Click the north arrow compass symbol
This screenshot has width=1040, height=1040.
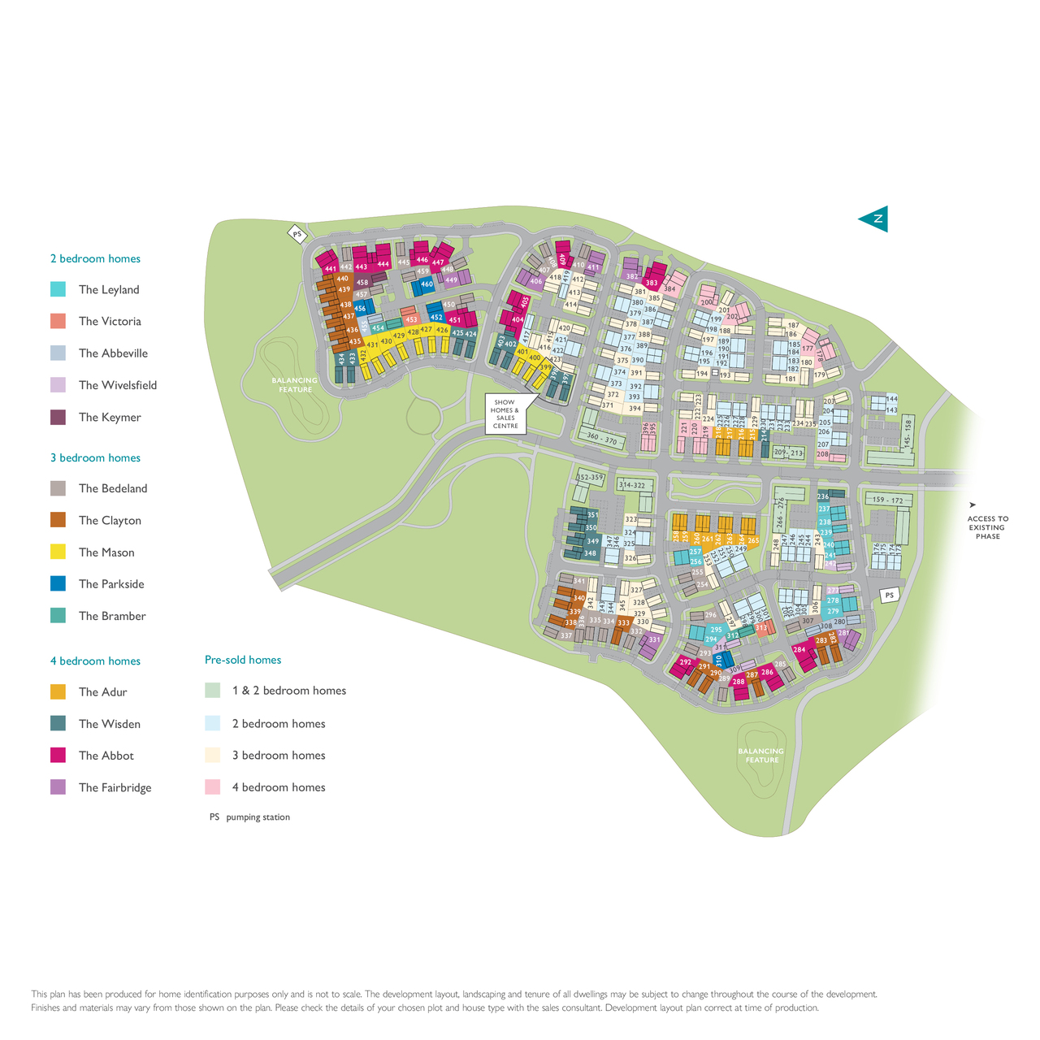pyautogui.click(x=874, y=219)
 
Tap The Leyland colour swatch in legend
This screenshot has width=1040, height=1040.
pyautogui.click(x=58, y=289)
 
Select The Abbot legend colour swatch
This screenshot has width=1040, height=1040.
pyautogui.click(x=58, y=756)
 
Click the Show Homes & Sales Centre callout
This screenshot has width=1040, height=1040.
pyautogui.click(x=505, y=414)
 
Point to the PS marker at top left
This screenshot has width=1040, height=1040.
pyautogui.click(x=297, y=234)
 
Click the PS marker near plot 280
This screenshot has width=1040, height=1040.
pyautogui.click(x=890, y=596)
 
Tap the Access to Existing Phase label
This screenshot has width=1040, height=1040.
pyautogui.click(x=987, y=527)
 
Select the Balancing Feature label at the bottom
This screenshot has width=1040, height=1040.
pyautogui.click(x=761, y=756)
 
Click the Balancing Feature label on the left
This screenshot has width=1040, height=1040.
pyautogui.click(x=295, y=385)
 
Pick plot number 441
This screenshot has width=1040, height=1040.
pyautogui.click(x=330, y=269)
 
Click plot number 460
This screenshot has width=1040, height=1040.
pyautogui.click(x=427, y=284)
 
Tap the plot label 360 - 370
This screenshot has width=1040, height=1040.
pyautogui.click(x=602, y=440)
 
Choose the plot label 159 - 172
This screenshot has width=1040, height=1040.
pyautogui.click(x=887, y=500)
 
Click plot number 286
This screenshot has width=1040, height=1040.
pyautogui.click(x=767, y=673)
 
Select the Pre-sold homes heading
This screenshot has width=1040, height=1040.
pyautogui.click(x=243, y=660)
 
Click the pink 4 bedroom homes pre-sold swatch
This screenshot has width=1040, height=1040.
pyautogui.click(x=212, y=787)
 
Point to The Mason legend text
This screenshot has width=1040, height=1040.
pyautogui.click(x=106, y=552)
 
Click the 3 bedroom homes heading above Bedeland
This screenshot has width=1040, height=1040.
pyautogui.click(x=95, y=457)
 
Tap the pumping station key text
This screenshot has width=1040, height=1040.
pyautogui.click(x=258, y=817)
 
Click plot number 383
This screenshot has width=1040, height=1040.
pyautogui.click(x=651, y=283)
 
